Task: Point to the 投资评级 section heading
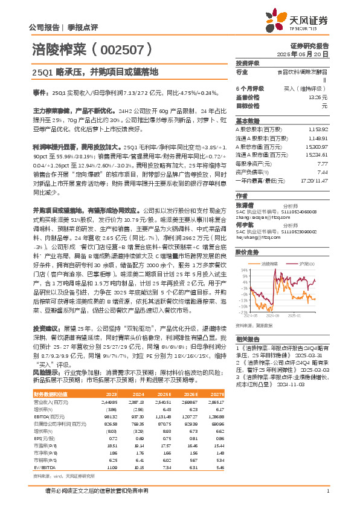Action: [248, 63]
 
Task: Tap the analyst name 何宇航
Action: [244, 223]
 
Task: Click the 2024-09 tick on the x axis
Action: [273, 315]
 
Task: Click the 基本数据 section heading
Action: [248, 120]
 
